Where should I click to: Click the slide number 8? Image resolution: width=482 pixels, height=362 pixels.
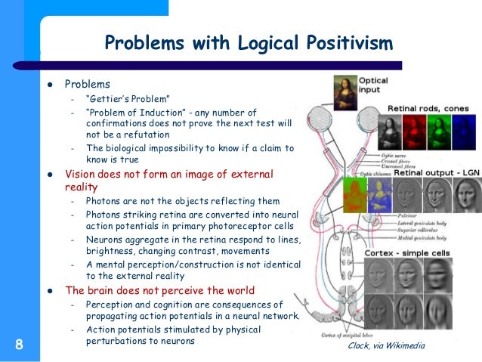click(x=18, y=345)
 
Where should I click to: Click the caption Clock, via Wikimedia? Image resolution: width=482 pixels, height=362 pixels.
click(x=386, y=345)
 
